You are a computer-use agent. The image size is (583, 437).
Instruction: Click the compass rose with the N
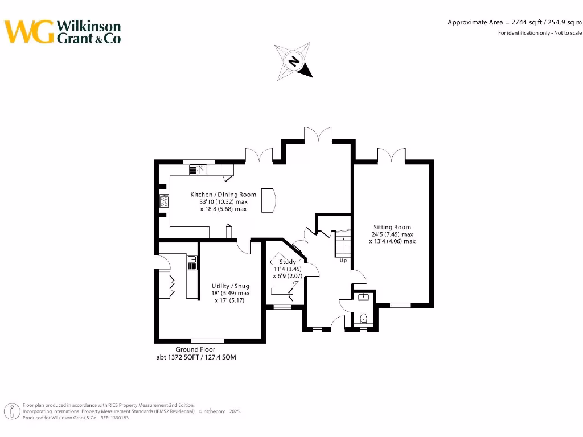coord(294,61)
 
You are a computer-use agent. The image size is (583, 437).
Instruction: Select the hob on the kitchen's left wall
coord(164,201)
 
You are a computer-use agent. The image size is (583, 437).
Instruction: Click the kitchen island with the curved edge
coord(268,200)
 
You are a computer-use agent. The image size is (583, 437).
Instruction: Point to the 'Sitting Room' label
coord(392,227)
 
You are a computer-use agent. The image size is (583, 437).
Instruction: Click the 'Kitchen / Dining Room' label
coord(223,195)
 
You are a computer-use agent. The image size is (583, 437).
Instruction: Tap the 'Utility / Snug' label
coord(230,286)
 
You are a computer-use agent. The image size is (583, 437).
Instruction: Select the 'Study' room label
coord(288,262)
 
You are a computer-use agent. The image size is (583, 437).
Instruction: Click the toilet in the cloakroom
coord(364,318)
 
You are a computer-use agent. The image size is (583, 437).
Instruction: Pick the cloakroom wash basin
coord(364,296)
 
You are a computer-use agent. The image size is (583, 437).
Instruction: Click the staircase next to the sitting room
coord(343,244)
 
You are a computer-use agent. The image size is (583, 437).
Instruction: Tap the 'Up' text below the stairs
coord(343,261)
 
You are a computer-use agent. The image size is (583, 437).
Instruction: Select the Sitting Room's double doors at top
coord(391,155)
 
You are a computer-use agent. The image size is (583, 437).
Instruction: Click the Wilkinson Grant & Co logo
coord(63,32)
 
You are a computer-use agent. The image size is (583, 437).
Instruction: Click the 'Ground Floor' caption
coord(195,349)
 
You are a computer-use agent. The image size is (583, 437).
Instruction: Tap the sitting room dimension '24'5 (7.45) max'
coord(392,234)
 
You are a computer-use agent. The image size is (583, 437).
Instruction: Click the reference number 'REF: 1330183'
coord(114,418)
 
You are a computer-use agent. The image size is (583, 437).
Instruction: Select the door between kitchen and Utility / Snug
coord(244,246)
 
